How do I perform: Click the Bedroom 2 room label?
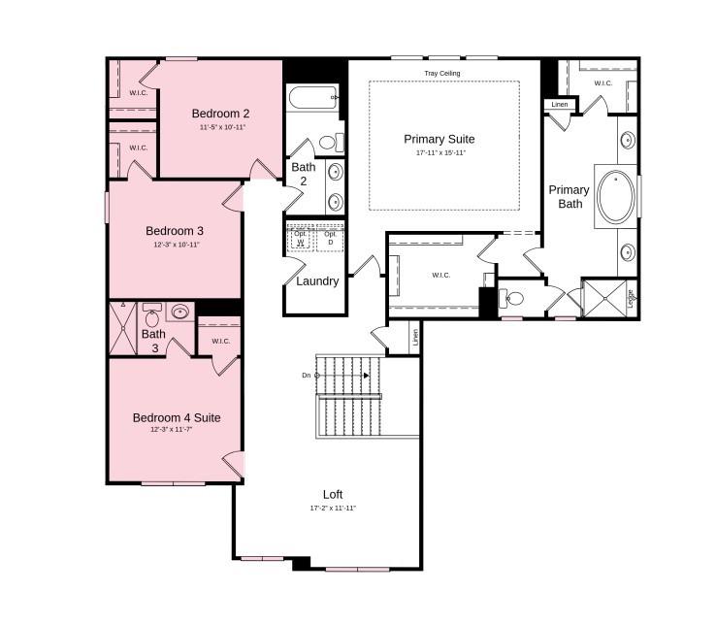(x=220, y=113)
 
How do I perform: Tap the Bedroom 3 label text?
(x=175, y=231)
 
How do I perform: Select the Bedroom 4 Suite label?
(x=177, y=417)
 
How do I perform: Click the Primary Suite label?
(x=439, y=139)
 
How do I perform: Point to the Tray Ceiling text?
(x=442, y=74)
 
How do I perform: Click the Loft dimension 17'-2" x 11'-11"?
(x=333, y=508)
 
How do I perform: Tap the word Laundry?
(x=317, y=281)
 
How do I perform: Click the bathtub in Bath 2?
(x=311, y=98)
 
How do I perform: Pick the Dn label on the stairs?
(x=307, y=375)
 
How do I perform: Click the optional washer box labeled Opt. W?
(x=302, y=239)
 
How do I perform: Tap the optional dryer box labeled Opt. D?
(x=331, y=239)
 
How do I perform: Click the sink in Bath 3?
(x=179, y=312)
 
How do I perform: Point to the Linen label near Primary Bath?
(x=560, y=104)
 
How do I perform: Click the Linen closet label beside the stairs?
(x=415, y=338)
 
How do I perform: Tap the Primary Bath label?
(x=569, y=196)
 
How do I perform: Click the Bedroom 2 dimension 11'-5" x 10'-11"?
(x=223, y=127)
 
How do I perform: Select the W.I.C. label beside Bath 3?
(x=220, y=341)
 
